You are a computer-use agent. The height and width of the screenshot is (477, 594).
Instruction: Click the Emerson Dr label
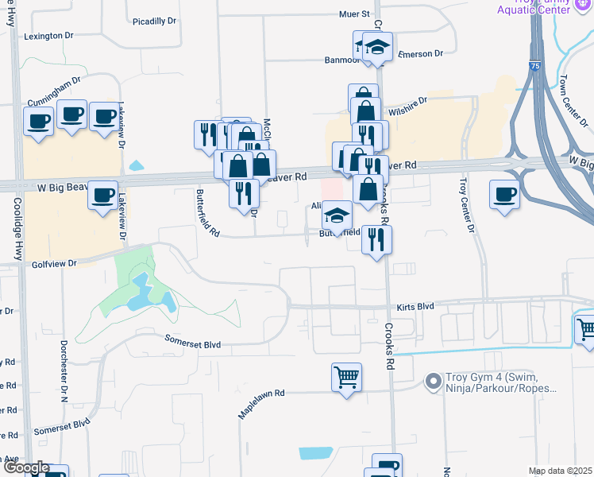(420, 53)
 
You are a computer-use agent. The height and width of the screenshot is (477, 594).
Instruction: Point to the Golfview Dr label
(54, 262)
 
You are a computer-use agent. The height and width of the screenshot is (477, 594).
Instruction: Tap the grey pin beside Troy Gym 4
(433, 382)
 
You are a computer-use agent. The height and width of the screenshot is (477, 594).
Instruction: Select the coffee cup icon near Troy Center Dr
(505, 195)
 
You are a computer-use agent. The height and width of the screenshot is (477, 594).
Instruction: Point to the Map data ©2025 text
(561, 471)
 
